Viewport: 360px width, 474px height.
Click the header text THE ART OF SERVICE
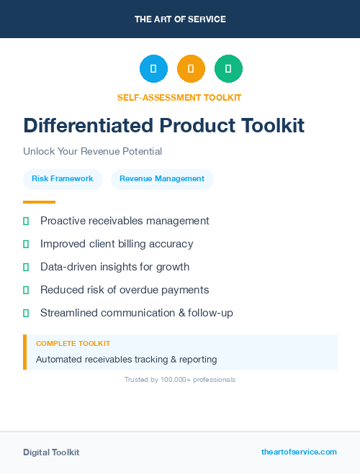pos(180,19)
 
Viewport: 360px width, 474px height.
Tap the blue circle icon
pos(153,69)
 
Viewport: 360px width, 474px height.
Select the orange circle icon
pos(191,69)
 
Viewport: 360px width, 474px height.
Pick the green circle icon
pos(228,69)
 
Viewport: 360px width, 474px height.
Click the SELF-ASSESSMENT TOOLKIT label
pos(179,97)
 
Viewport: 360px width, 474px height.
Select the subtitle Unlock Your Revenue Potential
pos(92,151)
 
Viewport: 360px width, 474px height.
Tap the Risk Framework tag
pos(63,179)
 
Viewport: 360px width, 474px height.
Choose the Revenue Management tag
pos(162,179)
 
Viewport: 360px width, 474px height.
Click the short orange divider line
pos(39,202)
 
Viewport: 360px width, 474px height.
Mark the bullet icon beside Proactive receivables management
pos(26,221)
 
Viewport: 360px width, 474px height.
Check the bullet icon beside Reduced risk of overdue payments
pos(26,290)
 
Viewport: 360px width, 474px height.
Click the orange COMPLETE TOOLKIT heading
pos(73,344)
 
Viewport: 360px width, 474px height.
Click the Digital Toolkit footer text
pos(51,452)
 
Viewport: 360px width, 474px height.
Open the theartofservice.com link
pos(299,452)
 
